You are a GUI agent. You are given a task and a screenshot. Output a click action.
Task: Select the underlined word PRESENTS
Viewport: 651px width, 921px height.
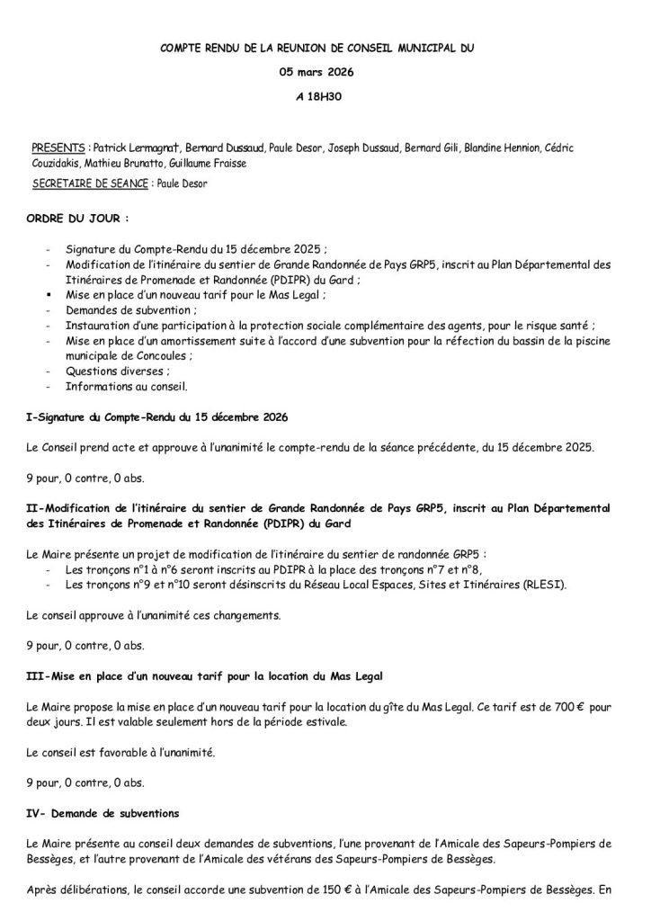coord(58,147)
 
